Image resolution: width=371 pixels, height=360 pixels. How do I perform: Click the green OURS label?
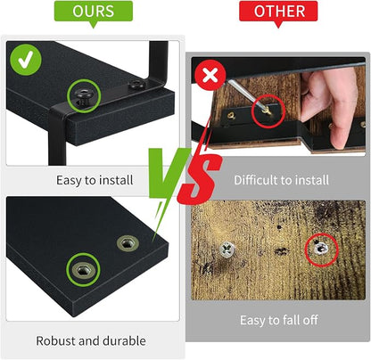click(x=94, y=12)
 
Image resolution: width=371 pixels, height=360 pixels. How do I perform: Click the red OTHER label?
click(x=278, y=12)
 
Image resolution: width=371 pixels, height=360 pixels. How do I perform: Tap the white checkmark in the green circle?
click(x=26, y=60)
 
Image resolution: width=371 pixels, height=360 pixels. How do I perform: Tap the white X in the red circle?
click(x=210, y=76)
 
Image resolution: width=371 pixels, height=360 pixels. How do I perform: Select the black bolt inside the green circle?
click(x=83, y=96)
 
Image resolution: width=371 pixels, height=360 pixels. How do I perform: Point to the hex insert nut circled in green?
click(x=83, y=270)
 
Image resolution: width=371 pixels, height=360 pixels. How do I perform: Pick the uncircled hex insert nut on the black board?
click(x=128, y=243)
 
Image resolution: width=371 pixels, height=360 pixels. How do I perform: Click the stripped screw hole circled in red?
click(x=321, y=249)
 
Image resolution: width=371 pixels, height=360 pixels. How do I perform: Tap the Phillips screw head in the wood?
click(x=227, y=250)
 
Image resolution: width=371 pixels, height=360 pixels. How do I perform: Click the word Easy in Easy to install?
click(x=69, y=181)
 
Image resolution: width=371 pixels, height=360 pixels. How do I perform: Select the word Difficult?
click(x=256, y=180)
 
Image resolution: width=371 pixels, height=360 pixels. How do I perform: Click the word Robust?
click(x=55, y=340)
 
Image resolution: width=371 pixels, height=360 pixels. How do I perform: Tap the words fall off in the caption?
click(x=301, y=320)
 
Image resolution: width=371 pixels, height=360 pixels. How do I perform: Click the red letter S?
click(x=200, y=178)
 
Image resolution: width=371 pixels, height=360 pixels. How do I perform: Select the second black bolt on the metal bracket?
click(x=136, y=85)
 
